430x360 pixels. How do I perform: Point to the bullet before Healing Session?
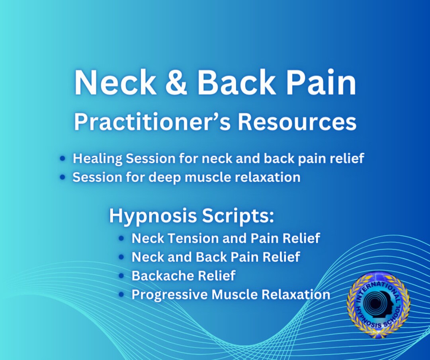pyautogui.click(x=62, y=159)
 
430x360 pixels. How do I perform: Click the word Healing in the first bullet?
pyautogui.click(x=97, y=159)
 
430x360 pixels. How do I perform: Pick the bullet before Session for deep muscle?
pyautogui.click(x=62, y=177)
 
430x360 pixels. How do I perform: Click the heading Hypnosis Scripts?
pyautogui.click(x=192, y=216)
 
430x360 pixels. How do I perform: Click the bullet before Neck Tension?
pyautogui.click(x=121, y=238)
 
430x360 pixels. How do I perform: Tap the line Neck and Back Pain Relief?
pyautogui.click(x=215, y=257)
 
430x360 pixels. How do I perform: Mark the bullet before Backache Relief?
pyautogui.click(x=121, y=276)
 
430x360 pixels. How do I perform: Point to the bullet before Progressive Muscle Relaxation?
pyautogui.click(x=121, y=295)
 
